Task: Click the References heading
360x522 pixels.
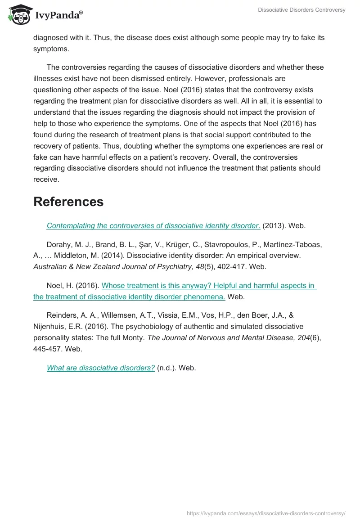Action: tap(68, 202)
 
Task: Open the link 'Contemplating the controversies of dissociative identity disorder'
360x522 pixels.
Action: tap(153, 225)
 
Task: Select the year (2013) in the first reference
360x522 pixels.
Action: tap(273, 225)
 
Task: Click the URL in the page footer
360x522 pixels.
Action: tap(266, 513)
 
